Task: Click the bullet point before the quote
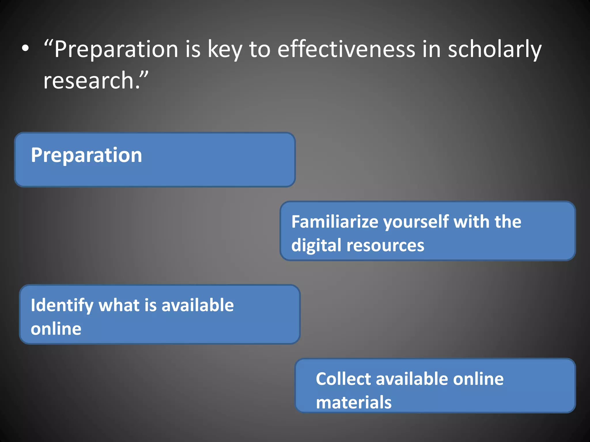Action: [x=25, y=49]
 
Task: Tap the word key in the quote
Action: [x=224, y=49]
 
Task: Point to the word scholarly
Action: [x=495, y=49]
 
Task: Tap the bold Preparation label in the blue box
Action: [x=86, y=155]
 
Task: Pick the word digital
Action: [x=316, y=246]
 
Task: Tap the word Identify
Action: [x=62, y=306]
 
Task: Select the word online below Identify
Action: [x=56, y=329]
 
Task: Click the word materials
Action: [x=354, y=402]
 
